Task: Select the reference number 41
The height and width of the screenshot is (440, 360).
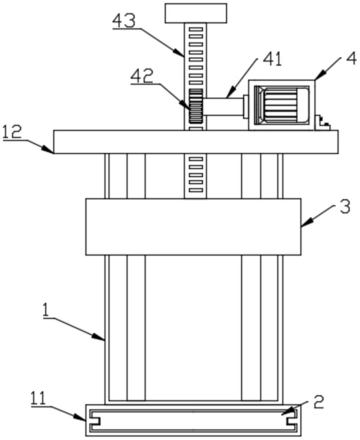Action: point(272,60)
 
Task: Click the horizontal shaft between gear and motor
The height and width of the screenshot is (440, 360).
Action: point(223,107)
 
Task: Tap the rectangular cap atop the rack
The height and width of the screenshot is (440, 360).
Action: point(196,13)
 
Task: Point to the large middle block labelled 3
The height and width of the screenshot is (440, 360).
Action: point(193,227)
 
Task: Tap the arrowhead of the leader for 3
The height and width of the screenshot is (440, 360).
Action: point(303,226)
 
